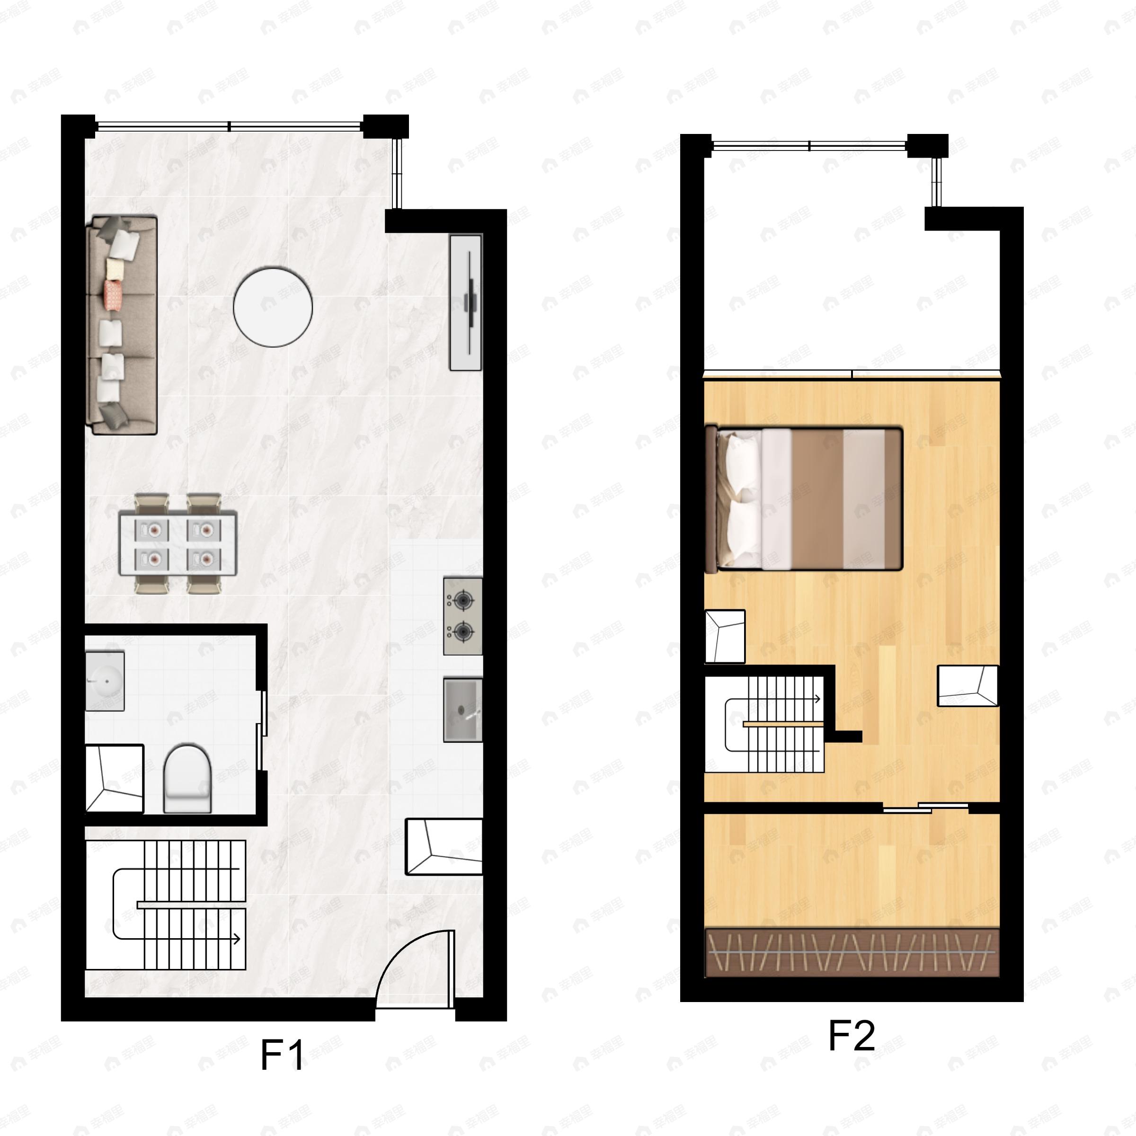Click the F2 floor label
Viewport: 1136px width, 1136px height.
click(x=852, y=1036)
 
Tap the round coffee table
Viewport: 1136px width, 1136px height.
click(x=272, y=306)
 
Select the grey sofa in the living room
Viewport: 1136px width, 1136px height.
click(x=122, y=325)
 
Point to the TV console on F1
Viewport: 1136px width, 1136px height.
click(x=466, y=302)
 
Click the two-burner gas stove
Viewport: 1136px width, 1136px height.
click(x=463, y=616)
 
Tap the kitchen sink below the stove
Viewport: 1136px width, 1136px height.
click(x=463, y=710)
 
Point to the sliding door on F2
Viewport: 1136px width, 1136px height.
click(x=925, y=808)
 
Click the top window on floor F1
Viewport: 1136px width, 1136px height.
click(x=229, y=126)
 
